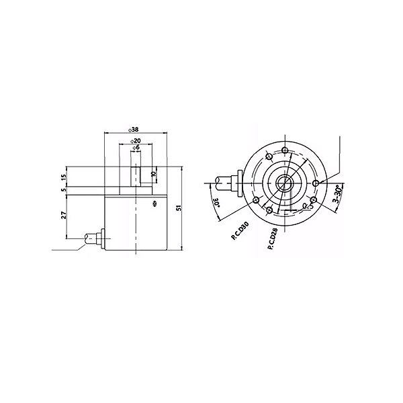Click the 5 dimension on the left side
click(x=64, y=191)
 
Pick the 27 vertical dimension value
click(x=64, y=216)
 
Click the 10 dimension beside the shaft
click(x=153, y=173)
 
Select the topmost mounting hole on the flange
click(x=285, y=149)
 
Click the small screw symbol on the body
click(x=154, y=201)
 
